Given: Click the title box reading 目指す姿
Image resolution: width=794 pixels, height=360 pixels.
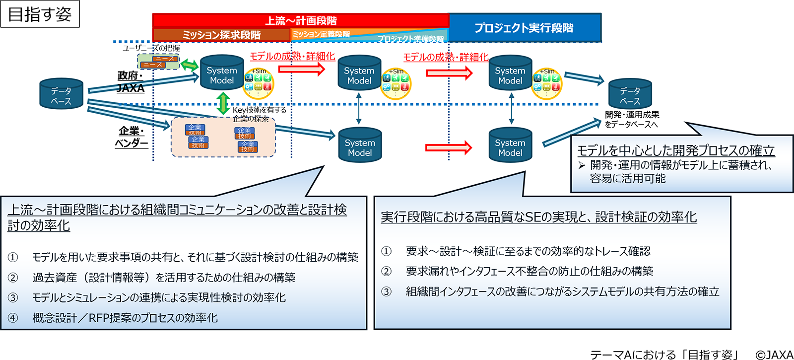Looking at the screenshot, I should coord(40,14).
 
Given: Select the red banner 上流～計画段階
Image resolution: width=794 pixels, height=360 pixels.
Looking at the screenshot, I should coord(300,20).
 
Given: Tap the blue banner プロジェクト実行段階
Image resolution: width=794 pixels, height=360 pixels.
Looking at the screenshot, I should coord(524,28).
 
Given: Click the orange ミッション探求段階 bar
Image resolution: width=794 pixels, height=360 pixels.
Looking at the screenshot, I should coord(221,35).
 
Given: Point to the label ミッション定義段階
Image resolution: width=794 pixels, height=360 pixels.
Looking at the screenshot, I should coord(321,34).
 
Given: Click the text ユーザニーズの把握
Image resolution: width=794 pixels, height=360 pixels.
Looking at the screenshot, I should coord(151,48).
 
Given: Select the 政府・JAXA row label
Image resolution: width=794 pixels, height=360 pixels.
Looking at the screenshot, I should coord(131,82).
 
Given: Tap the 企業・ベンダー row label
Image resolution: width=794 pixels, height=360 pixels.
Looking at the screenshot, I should coord(131,137).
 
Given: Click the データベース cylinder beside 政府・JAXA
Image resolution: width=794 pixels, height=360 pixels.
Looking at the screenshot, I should coord(61,94).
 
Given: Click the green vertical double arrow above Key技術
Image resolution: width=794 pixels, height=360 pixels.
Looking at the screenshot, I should coord(223,103).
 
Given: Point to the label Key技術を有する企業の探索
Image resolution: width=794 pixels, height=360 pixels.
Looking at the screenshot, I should coord(259,114).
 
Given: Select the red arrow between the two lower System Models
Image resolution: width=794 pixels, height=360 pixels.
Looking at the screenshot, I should coord(448,147).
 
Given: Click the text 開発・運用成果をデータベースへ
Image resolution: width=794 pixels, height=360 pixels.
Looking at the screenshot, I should coord(632,119).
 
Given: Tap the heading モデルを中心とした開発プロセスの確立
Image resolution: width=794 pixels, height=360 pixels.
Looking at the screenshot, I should coord(676,150).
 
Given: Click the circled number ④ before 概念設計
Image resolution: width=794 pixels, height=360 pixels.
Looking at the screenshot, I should coord(13,318).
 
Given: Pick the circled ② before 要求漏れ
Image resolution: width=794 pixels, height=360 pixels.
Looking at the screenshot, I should coord(386,271).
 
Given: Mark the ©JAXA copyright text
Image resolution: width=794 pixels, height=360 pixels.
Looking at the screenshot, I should coord(774,354).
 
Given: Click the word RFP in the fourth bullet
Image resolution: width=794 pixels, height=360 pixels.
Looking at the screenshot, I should coord(99,318).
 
